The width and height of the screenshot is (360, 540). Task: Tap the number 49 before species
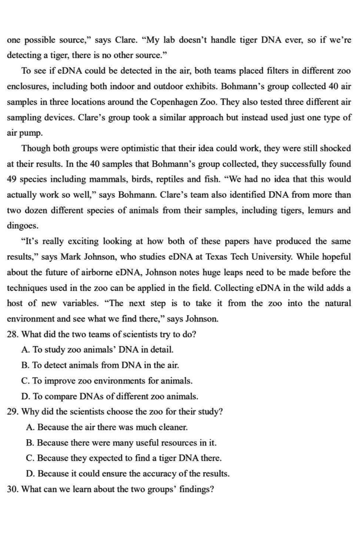click(12, 179)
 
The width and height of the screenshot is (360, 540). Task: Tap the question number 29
click(13, 411)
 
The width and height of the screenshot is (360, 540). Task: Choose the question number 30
click(13, 489)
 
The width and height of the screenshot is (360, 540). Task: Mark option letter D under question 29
click(30, 473)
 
